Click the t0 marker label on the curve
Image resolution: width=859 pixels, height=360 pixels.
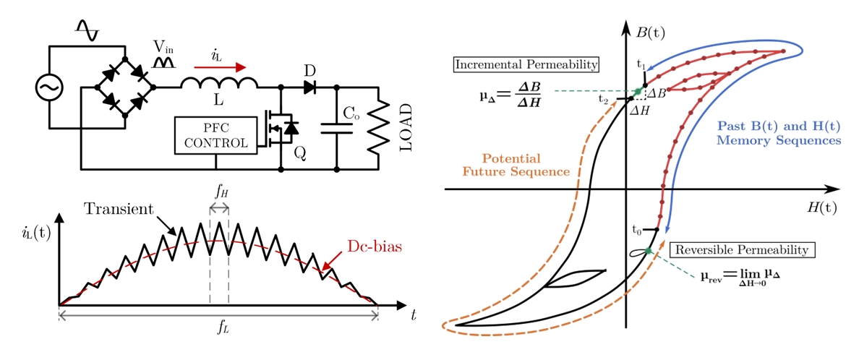tap(636, 231)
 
